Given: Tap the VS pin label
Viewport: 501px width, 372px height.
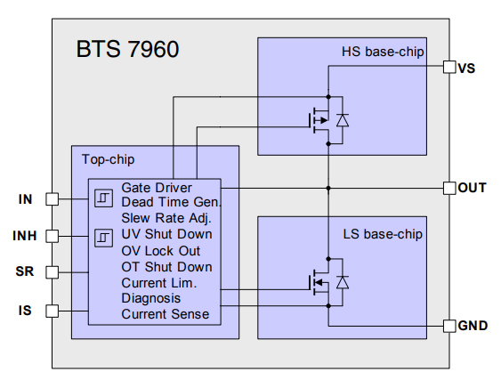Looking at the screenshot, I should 466,68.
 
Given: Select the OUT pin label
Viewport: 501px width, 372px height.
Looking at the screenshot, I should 472,188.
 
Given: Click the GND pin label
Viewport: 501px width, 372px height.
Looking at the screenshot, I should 473,327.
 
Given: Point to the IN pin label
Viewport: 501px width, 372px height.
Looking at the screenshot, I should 25,199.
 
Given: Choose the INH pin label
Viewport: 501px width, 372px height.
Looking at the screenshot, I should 24,236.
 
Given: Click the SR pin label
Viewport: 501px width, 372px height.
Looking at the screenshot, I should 24,271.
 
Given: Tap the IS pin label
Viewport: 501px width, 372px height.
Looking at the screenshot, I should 26,310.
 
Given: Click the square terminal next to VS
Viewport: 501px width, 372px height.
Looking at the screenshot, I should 448,68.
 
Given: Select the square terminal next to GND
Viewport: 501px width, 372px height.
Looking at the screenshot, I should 448,327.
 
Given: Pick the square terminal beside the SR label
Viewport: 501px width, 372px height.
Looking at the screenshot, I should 52,271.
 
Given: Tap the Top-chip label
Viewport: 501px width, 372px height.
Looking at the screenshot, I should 109,160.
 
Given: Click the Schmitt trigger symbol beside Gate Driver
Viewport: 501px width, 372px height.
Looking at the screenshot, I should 103,196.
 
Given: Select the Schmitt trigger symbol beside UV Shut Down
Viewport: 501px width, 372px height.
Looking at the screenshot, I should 103,237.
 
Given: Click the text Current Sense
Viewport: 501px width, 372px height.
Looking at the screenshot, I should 166,314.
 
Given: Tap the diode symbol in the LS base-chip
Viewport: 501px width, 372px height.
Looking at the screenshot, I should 342,283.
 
